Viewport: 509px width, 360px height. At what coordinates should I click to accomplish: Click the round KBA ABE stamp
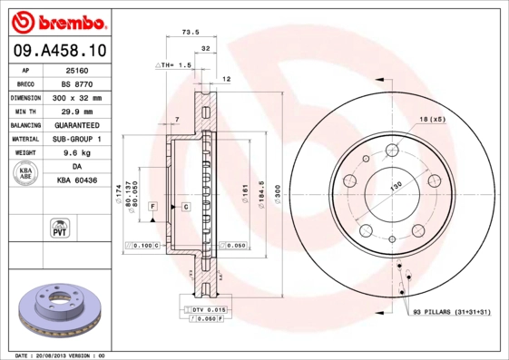26,175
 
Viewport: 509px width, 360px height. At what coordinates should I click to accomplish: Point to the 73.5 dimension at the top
191,32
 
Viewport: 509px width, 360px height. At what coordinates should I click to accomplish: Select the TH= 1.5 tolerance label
175,65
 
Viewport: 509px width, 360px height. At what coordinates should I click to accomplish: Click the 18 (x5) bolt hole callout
432,120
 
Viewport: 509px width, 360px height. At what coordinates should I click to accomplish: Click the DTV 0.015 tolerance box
209,310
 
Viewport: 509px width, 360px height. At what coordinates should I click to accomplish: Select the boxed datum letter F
153,208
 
